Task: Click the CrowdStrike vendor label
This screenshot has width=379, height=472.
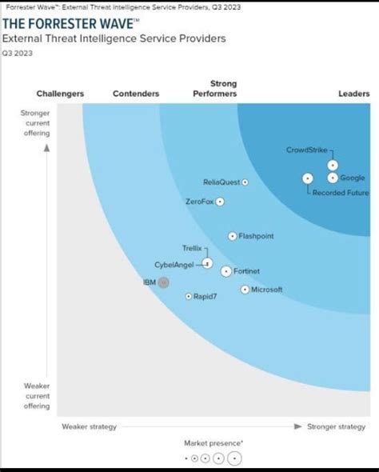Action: click(x=306, y=150)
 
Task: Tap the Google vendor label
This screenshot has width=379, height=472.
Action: click(x=352, y=178)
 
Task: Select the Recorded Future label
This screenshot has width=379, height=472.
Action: click(x=341, y=193)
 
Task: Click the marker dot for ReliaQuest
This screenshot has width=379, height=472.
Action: click(x=245, y=182)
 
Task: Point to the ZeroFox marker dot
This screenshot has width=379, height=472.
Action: click(x=220, y=202)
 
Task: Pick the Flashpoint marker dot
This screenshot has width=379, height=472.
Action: click(x=233, y=236)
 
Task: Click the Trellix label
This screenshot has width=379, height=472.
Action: click(x=193, y=249)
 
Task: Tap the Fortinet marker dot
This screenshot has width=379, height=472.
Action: click(x=226, y=271)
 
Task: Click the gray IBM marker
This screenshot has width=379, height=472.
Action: click(x=163, y=282)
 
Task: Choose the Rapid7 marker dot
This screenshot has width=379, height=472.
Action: click(x=189, y=296)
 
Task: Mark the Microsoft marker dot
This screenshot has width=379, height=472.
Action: click(x=245, y=290)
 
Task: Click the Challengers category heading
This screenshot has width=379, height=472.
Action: click(x=60, y=94)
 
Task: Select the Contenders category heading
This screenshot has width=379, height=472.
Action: click(x=136, y=94)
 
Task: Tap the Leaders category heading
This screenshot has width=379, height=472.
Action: click(x=353, y=94)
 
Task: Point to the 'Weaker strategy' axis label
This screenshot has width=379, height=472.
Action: click(x=89, y=426)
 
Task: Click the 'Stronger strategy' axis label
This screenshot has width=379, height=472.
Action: click(x=336, y=426)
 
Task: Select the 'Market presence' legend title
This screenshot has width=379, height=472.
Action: click(x=213, y=442)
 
